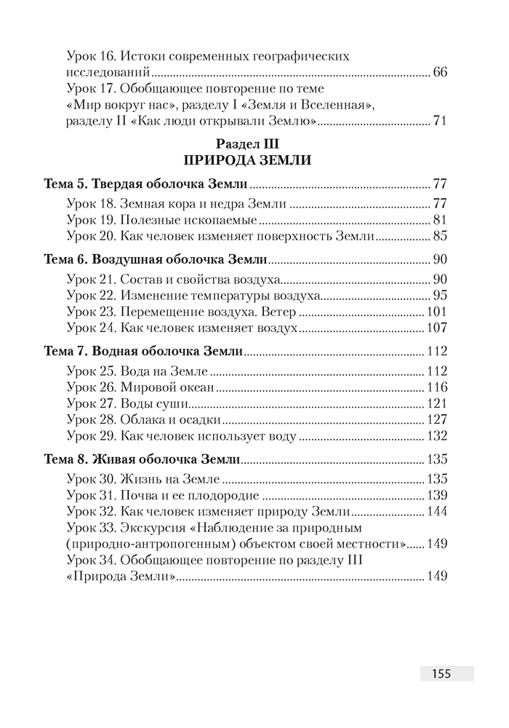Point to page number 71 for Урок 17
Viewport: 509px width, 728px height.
click(x=439, y=120)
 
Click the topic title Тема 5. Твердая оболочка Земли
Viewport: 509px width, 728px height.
click(x=145, y=183)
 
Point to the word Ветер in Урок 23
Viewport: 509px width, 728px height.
click(x=278, y=312)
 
